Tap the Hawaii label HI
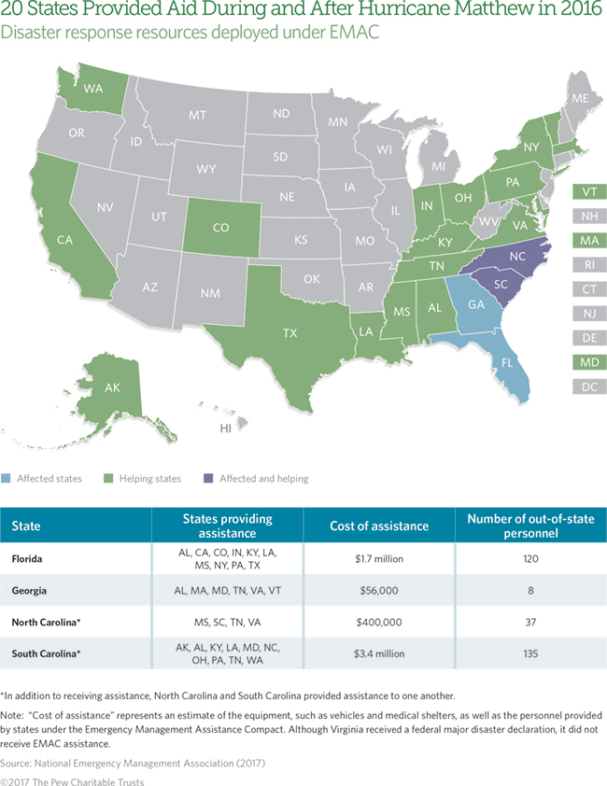pos(225,428)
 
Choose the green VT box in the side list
pos(590,191)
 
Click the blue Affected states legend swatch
pos(7,479)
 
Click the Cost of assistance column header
pos(379,526)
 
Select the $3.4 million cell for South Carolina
pos(379,653)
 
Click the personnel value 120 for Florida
pos(530,559)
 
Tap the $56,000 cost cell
pos(379,591)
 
